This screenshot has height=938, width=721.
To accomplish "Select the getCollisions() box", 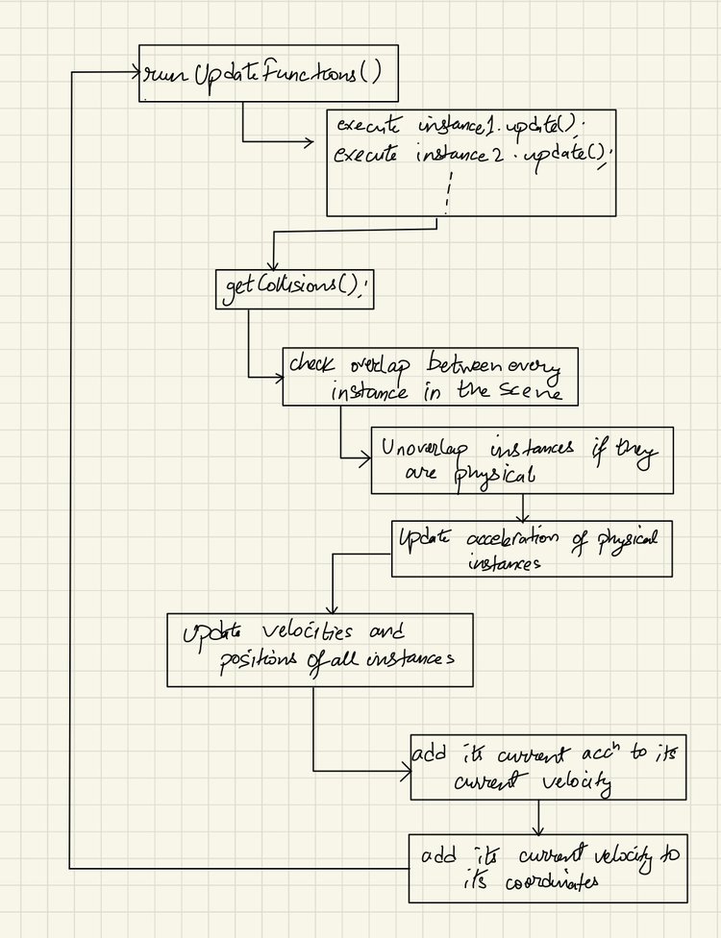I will point(294,288).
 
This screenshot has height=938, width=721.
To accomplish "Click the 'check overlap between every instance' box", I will point(430,376).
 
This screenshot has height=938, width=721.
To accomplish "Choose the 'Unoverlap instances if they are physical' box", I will point(522,459).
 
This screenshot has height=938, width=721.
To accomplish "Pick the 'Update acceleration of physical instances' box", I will point(532,548).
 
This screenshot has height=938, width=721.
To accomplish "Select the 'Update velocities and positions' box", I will point(319,649).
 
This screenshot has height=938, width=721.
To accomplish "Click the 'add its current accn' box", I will point(548,767).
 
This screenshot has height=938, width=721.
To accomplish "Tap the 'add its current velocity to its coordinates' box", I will point(548,868).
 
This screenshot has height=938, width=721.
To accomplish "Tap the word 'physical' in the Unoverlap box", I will point(495,474).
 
